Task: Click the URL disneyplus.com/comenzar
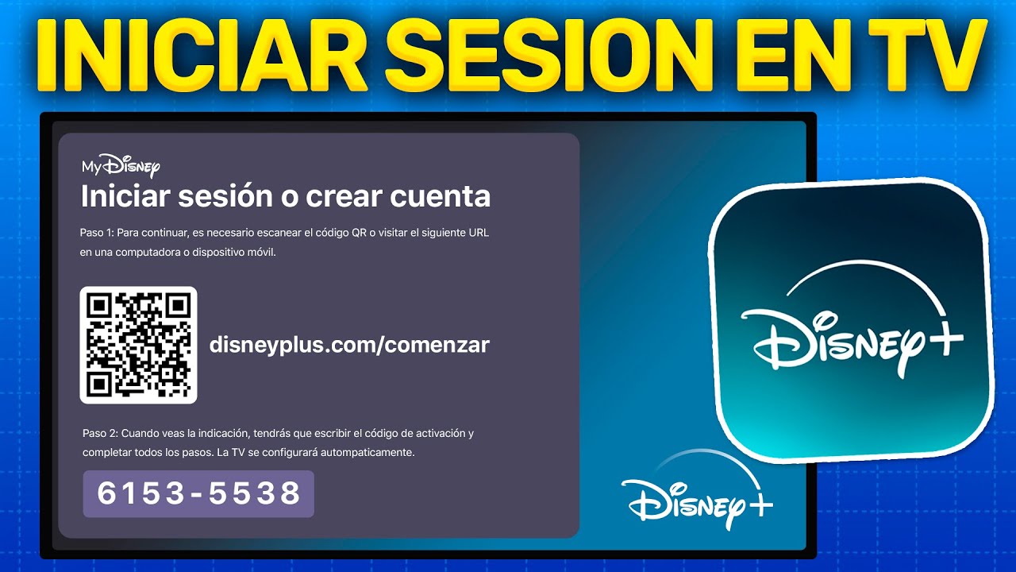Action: click(349, 345)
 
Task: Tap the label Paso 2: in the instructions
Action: click(99, 434)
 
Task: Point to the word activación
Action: click(441, 434)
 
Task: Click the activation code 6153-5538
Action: click(198, 493)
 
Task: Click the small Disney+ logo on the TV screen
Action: click(695, 497)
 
